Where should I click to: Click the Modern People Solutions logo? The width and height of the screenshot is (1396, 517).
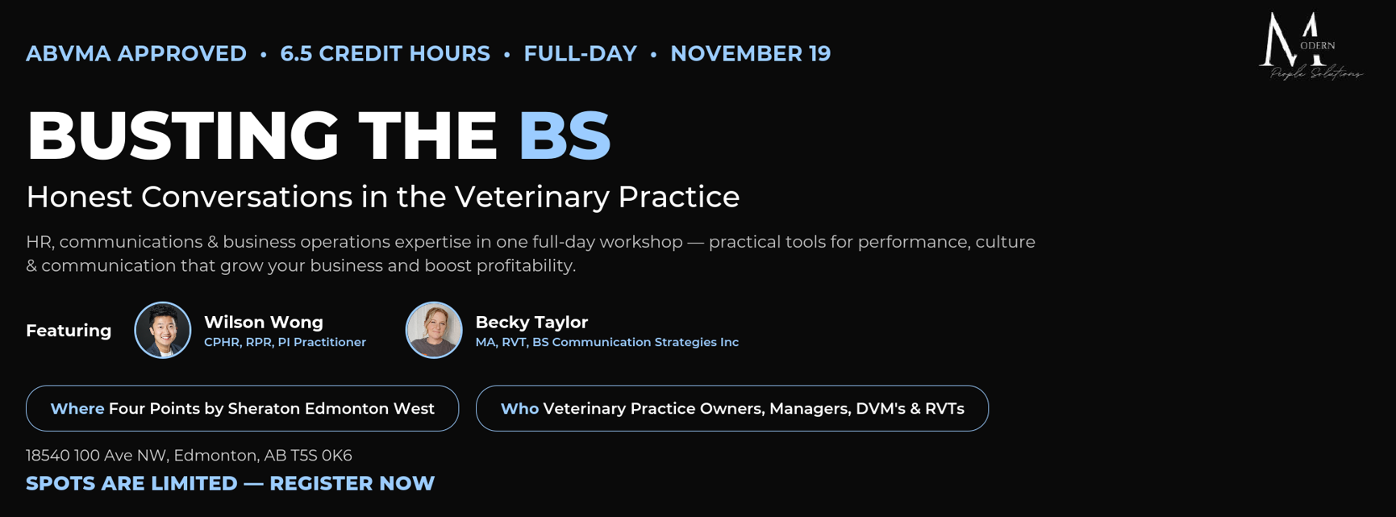pos(1311,46)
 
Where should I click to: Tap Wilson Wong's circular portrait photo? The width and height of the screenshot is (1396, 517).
pos(163,330)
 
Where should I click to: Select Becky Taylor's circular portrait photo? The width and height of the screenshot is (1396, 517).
pos(434,330)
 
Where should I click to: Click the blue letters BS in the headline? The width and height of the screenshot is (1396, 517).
pos(565,135)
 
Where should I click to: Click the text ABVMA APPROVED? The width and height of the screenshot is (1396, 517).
pos(136,53)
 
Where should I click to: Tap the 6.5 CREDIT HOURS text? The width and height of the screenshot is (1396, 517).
pos(385,53)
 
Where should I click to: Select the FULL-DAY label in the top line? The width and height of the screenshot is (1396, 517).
pos(580,53)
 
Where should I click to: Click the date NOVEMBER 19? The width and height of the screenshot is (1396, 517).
pos(750,53)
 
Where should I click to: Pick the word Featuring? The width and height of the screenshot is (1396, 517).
pos(69,331)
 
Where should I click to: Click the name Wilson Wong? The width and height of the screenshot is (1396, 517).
pos(264,322)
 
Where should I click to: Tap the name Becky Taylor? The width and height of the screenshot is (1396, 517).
pos(531,322)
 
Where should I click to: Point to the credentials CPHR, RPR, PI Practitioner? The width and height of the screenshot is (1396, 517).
pos(285,342)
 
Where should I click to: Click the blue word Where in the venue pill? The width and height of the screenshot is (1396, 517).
pos(77,409)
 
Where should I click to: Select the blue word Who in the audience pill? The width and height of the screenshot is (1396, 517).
pos(519,409)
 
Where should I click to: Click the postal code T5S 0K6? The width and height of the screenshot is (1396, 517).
pos(321,456)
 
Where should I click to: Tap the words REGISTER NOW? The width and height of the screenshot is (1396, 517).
pos(352,483)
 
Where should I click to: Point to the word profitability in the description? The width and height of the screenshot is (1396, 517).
pos(524,265)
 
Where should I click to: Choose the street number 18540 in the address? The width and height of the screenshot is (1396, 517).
pos(48,456)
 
